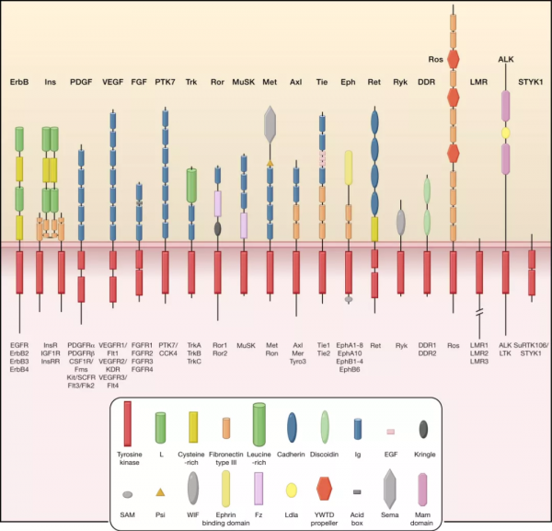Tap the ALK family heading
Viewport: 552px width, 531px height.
coord(505,58)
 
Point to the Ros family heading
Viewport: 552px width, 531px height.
coord(453,58)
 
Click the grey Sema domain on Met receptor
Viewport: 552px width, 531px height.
coord(270,122)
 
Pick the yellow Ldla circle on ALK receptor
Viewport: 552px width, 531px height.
coord(505,134)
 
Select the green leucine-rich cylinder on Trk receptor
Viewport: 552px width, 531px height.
coord(192,185)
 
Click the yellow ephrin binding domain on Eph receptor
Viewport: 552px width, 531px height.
coord(349,170)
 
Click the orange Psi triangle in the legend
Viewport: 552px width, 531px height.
coord(161,492)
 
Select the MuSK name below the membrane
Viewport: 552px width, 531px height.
coord(244,345)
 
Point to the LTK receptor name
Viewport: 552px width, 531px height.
coord(504,352)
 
